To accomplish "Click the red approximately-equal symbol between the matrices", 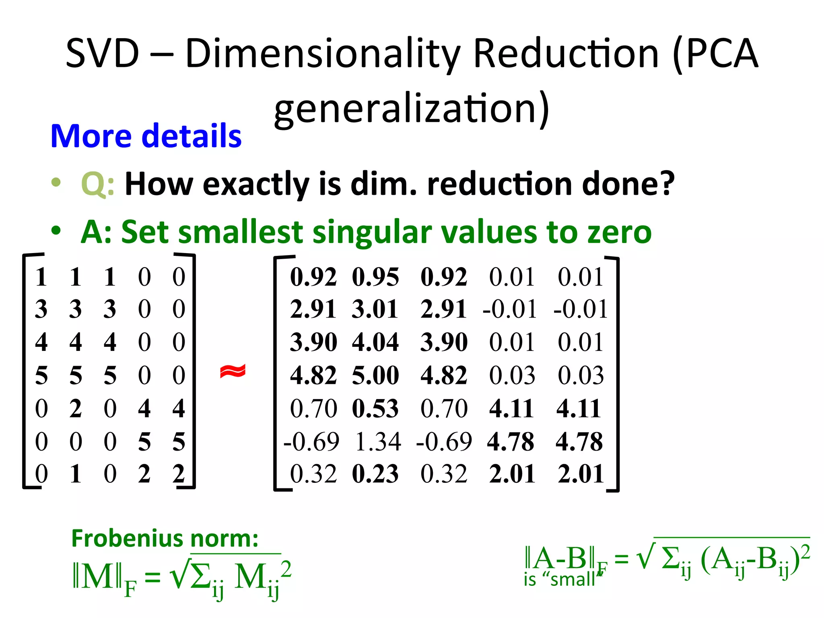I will [233, 371].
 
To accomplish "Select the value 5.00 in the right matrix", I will [375, 375].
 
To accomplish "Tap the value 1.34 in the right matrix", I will [378, 441].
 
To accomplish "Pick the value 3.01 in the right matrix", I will [375, 309].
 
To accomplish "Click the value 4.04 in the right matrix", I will [375, 342].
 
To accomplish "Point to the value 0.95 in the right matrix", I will [375, 277].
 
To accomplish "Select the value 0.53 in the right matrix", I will [375, 408].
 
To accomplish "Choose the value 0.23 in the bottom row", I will [375, 474].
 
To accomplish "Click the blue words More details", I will [146, 136].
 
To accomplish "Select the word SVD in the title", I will [102, 53].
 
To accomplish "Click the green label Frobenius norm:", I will [165, 538].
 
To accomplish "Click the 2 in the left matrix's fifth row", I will [76, 408].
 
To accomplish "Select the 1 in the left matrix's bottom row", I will [76, 474].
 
